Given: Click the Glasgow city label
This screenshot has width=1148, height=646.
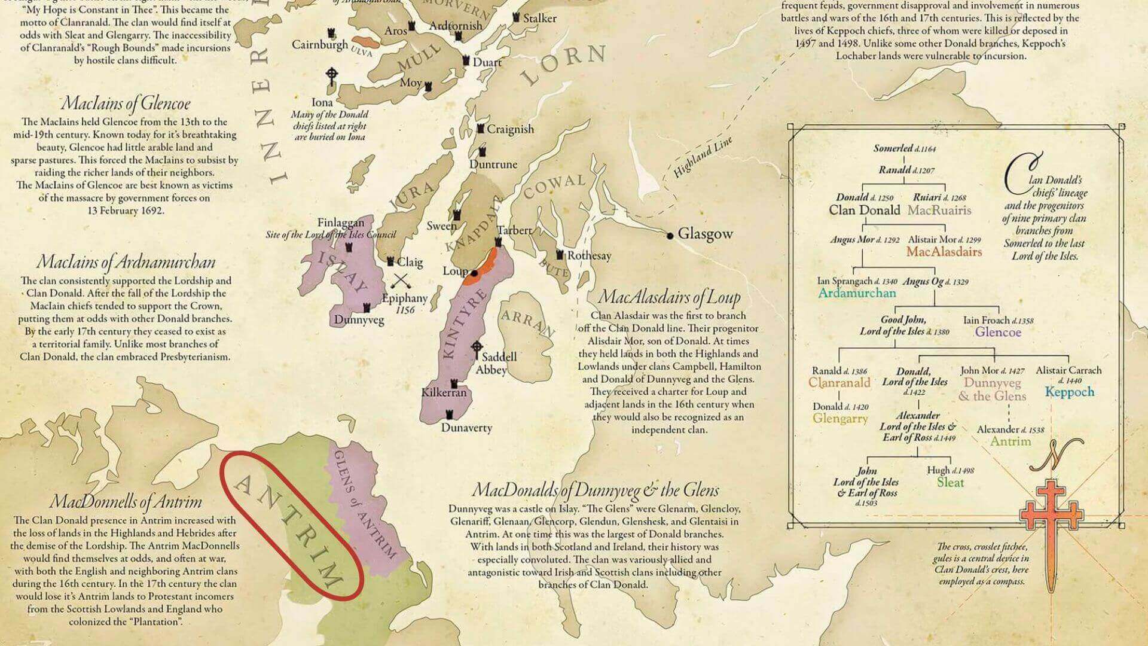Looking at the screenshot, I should click(705, 234).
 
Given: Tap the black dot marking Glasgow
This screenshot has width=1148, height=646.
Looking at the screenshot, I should click(670, 235).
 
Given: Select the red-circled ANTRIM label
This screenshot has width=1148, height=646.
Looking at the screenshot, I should click(291, 525).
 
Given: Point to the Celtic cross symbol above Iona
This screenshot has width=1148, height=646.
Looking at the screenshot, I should click(332, 77).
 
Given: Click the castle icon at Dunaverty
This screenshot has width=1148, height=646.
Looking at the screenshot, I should click(450, 415).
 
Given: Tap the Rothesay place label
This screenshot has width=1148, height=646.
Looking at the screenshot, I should click(589, 256).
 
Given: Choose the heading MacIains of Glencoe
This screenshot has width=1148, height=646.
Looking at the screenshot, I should click(126, 103).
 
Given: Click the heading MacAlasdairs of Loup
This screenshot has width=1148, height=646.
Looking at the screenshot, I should click(669, 297).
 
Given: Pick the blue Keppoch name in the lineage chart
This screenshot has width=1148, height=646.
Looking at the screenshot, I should click(1069, 392).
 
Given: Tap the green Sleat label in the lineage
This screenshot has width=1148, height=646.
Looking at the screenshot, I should click(950, 482).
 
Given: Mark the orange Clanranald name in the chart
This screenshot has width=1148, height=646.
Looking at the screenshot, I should click(839, 383).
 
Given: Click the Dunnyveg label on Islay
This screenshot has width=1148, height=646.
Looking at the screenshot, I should click(359, 320).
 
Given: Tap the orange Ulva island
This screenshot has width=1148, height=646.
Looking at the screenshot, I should click(365, 44).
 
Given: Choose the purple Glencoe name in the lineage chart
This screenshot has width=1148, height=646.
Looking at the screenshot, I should click(998, 332).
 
